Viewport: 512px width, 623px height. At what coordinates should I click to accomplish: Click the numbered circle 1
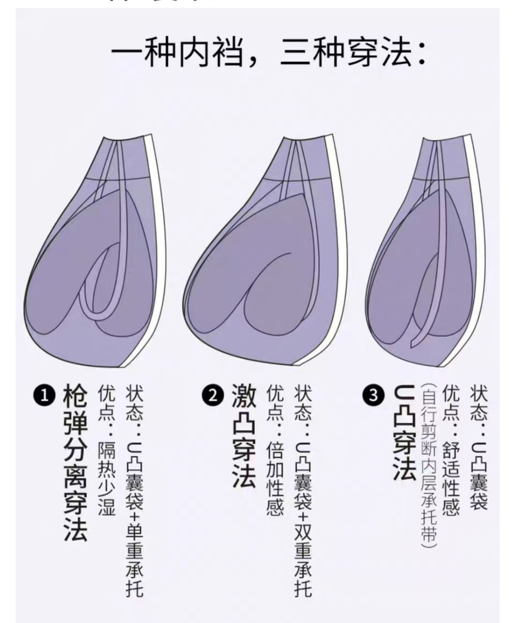(44, 396)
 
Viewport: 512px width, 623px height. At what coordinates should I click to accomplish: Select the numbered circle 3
(374, 396)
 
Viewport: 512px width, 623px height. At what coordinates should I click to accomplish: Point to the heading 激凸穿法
(243, 436)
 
